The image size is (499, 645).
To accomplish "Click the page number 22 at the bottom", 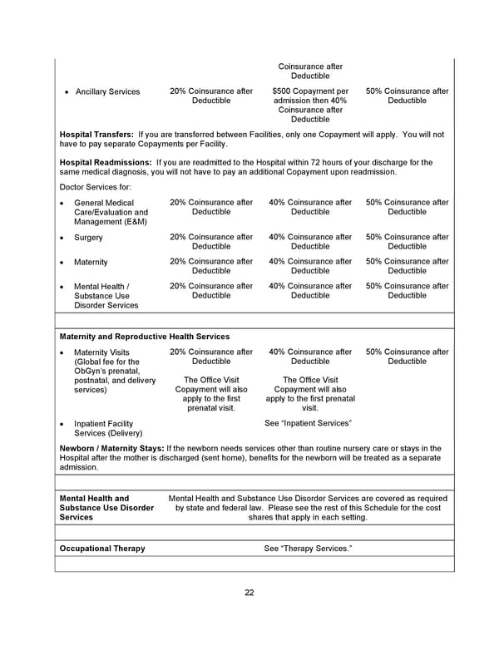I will coord(249,593).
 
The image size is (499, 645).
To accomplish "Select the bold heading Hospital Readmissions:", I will coord(105,162).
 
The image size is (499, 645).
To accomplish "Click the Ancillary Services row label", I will coord(107,91).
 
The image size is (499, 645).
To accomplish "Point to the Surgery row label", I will coord(88,237).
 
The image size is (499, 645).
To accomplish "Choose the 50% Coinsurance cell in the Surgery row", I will coord(407,241).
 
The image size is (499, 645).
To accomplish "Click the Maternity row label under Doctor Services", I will coord(91,262).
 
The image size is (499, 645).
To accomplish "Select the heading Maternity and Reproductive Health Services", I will coord(145,337).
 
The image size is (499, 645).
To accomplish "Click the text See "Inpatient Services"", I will coord(309,423).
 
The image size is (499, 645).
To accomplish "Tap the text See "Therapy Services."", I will coord(308,549).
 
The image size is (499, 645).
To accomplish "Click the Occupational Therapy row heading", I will coord(102,549).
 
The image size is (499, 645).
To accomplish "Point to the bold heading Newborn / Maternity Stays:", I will coord(111,449).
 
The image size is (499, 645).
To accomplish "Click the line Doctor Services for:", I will coord(96,188).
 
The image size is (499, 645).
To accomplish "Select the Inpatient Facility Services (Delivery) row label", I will coord(108,428).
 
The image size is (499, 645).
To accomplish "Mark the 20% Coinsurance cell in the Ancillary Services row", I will coord(211,96).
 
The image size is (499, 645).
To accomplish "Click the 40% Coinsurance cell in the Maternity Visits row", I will coord(310,357).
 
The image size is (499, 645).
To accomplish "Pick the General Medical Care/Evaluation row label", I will coord(111,212).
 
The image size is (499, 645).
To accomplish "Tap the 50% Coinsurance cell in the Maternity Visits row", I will coord(407,357).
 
